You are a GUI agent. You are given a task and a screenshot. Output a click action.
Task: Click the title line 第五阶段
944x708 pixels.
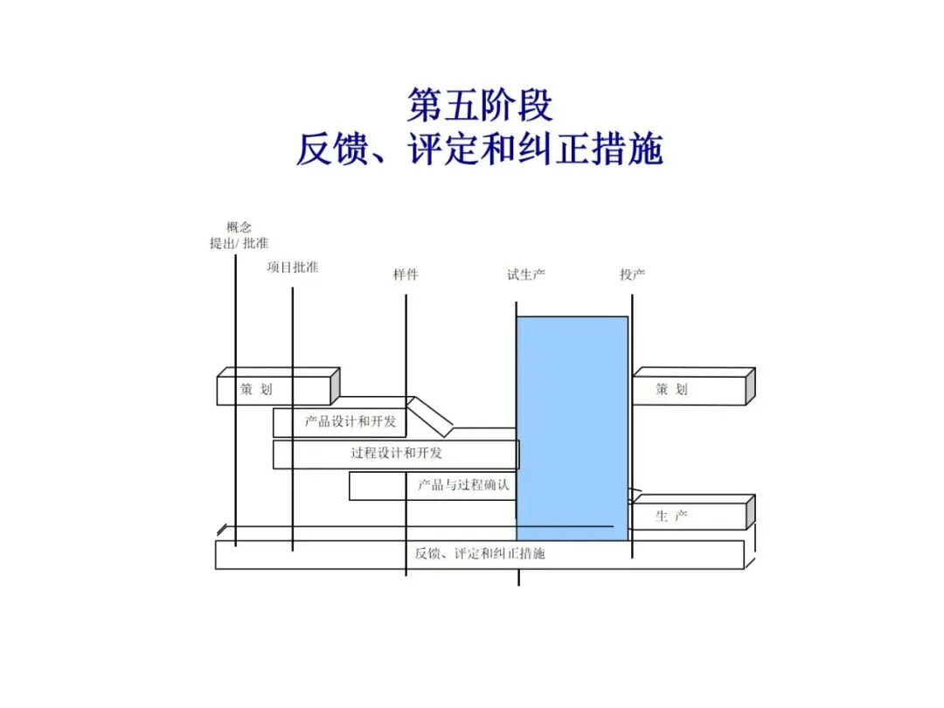[480, 106]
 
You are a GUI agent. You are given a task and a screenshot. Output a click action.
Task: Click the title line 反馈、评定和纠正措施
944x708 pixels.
[479, 149]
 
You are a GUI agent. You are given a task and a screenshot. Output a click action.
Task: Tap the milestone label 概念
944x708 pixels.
[239, 227]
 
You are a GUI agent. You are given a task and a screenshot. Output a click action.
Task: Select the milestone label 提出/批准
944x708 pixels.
[239, 243]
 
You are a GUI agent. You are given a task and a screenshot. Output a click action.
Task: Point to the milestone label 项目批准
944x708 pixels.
[292, 267]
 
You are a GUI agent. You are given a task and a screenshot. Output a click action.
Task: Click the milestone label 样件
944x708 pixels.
[406, 274]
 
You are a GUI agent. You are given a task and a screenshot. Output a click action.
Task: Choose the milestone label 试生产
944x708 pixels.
[526, 274]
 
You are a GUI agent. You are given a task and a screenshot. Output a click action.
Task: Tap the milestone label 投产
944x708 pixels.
[632, 274]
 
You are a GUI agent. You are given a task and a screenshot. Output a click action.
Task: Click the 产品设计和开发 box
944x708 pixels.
[350, 422]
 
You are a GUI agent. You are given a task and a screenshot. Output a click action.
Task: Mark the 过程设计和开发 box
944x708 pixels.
[396, 454]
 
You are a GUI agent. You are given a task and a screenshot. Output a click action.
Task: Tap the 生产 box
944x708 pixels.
[689, 517]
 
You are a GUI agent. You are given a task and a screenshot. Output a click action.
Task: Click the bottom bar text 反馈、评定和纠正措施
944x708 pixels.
[480, 554]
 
